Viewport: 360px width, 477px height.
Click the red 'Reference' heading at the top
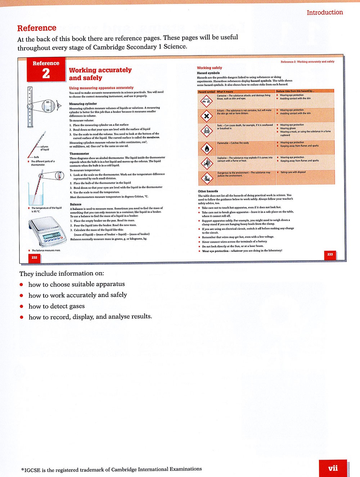[37, 28]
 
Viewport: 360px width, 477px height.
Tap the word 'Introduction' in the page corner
[325, 12]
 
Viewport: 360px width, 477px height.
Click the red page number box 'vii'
[333, 468]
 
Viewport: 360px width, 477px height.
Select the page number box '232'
[34, 257]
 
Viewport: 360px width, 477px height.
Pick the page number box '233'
[330, 254]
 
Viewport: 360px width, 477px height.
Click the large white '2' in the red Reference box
[46, 73]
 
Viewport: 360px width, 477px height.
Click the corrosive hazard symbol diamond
[207, 101]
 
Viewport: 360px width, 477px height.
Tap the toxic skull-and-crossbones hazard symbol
[207, 131]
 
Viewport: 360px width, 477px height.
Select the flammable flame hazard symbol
[207, 148]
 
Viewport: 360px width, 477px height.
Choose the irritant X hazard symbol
[207, 116]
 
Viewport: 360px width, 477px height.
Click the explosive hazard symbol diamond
[207, 163]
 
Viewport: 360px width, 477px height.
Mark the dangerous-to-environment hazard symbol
[207, 177]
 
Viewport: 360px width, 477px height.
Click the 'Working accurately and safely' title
[100, 74]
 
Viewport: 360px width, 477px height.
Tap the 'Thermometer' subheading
[79, 154]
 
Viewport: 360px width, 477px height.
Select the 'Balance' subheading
[76, 204]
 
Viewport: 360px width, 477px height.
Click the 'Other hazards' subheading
[208, 191]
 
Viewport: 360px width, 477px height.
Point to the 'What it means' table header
[225, 92]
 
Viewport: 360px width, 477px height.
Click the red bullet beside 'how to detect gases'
[22, 306]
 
